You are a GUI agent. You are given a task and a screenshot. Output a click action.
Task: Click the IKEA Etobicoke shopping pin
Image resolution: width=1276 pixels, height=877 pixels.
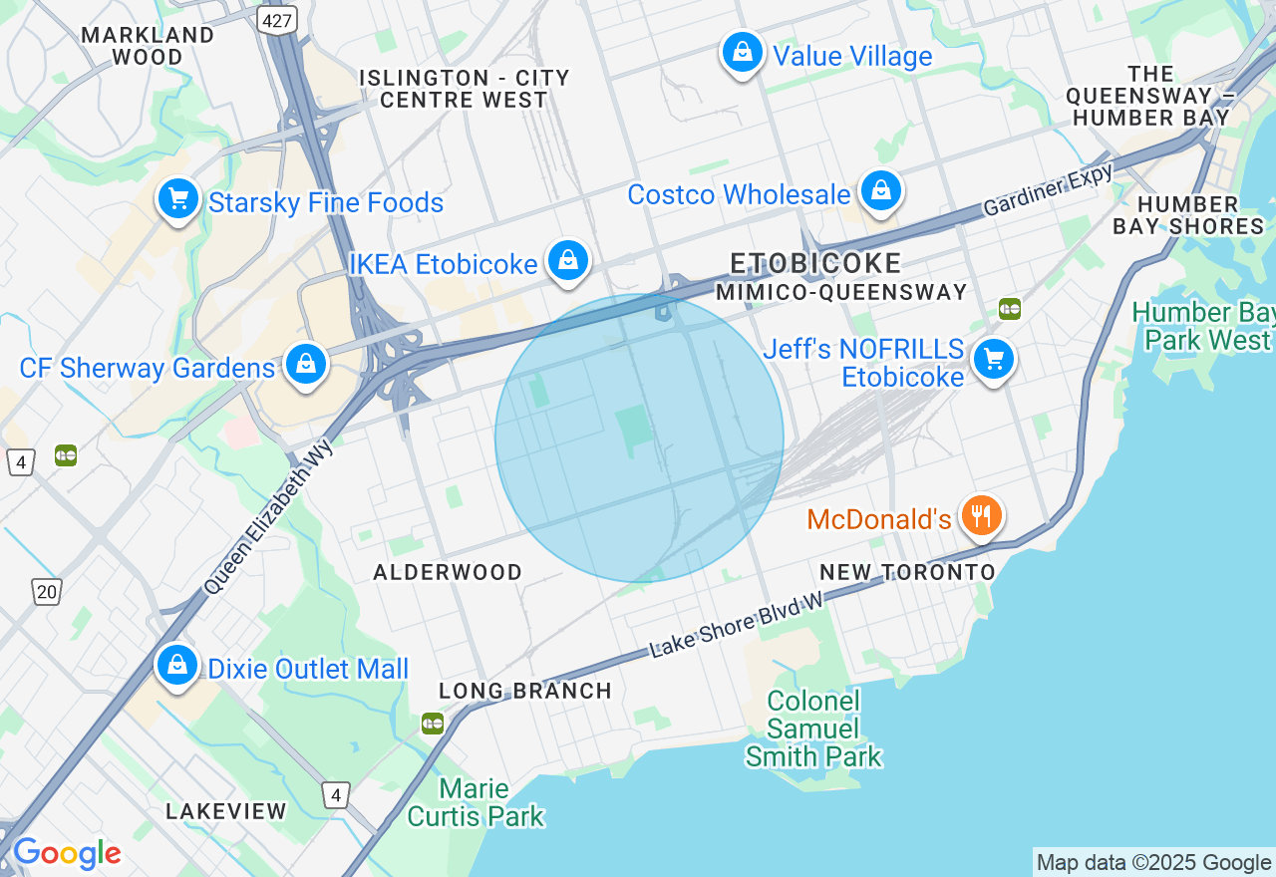(567, 261)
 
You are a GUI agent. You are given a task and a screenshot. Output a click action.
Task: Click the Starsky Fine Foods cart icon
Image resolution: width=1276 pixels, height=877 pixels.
(178, 199)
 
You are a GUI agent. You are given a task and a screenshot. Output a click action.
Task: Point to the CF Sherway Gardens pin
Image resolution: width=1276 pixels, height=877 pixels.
(306, 366)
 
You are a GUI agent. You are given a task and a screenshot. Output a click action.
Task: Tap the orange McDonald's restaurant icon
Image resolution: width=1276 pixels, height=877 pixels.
(982, 515)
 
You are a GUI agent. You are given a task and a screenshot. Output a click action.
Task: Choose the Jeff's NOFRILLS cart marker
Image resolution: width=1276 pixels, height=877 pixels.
(993, 360)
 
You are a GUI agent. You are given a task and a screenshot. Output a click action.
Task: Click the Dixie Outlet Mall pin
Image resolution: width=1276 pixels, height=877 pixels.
(177, 665)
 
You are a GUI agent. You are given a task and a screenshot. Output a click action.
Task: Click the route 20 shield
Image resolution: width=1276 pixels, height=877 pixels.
(47, 592)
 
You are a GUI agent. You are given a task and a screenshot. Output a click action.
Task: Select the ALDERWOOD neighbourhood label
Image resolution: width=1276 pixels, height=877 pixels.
(448, 572)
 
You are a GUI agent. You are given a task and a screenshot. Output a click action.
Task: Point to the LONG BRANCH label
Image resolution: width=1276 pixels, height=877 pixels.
(525, 691)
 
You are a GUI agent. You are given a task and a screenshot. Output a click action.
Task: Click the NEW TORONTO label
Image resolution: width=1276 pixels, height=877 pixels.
(907, 572)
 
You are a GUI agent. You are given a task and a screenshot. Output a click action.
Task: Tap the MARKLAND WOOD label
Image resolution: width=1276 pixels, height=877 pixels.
(148, 46)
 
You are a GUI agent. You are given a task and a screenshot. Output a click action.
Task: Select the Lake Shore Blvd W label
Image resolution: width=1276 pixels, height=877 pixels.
(738, 625)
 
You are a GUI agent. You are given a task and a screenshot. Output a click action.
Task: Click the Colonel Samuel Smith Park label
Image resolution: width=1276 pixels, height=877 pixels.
(814, 729)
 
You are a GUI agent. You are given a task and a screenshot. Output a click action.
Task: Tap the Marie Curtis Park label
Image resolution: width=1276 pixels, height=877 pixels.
(476, 803)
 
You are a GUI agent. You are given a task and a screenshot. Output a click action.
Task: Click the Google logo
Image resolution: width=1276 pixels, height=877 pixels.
(67, 854)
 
